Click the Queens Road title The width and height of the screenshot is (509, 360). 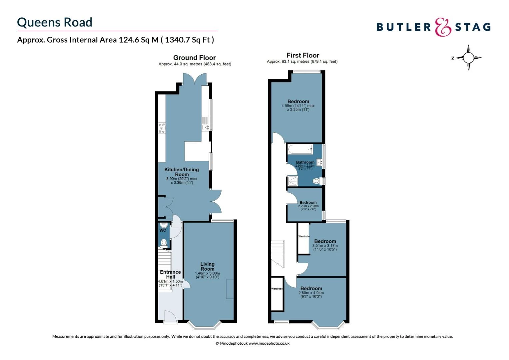coord(55,22)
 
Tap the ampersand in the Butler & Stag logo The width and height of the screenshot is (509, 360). coord(443,27)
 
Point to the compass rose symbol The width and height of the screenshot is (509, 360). coord(468,58)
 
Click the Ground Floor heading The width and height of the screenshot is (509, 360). coord(194,58)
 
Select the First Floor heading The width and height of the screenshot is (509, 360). coord(302,55)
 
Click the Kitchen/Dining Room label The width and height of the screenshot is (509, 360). coord(182,172)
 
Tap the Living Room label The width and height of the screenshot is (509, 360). coord(207,266)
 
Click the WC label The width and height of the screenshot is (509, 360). coord(163,230)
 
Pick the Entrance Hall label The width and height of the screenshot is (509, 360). coord(170,274)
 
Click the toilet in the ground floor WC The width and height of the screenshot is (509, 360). coord(164,243)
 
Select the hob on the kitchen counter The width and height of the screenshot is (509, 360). coord(162,128)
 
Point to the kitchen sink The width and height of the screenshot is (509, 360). coord(205,127)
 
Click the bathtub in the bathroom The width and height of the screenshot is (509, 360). coord(300,149)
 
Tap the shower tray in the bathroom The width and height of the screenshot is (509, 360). coord(292,181)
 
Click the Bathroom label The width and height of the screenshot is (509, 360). coord(305,162)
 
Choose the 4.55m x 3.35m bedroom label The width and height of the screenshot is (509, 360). coord(298,101)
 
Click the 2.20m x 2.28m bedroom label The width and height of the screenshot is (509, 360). coord(308,202)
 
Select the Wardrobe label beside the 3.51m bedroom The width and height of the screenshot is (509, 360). coord(304,236)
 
